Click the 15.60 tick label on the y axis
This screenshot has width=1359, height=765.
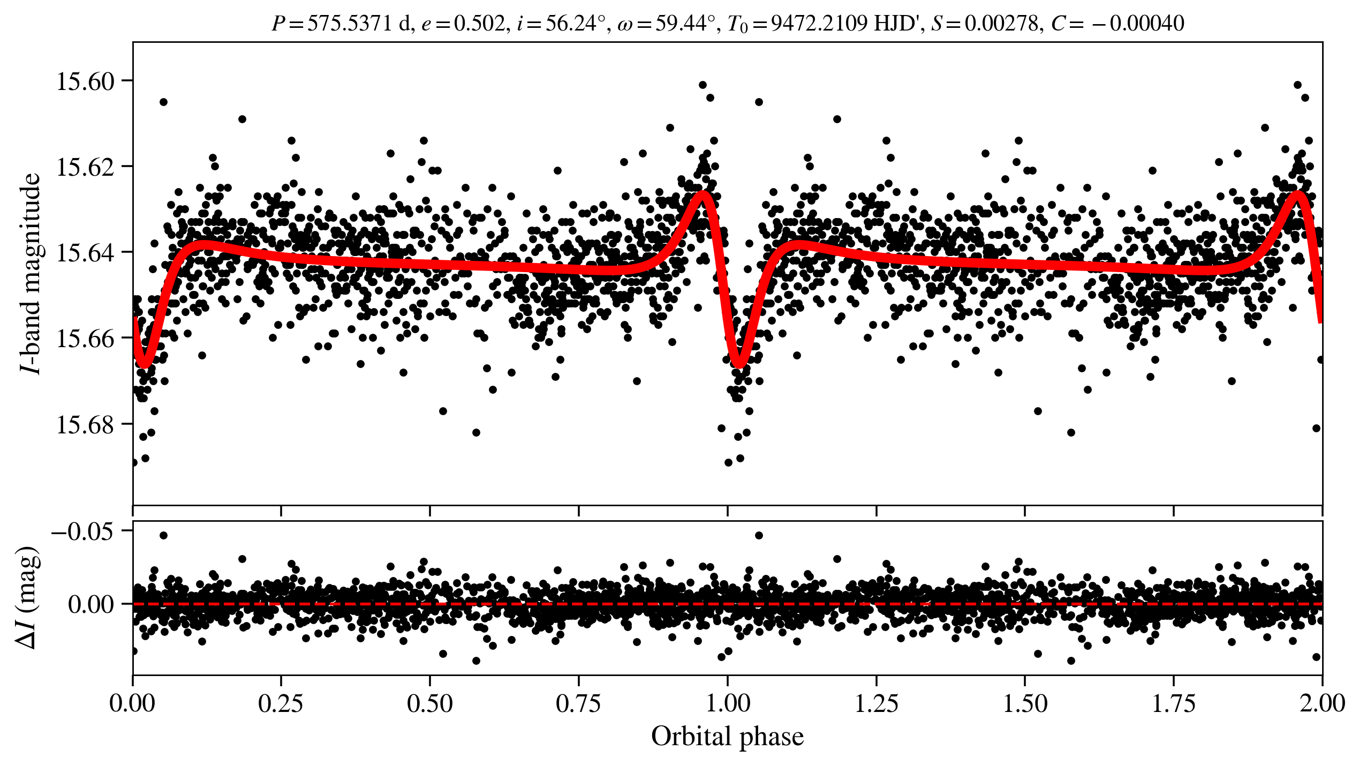[x=86, y=82]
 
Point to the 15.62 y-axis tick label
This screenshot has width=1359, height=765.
[x=86, y=168]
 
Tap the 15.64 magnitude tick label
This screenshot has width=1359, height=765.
[x=86, y=253]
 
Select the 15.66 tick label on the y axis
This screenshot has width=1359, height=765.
[x=86, y=339]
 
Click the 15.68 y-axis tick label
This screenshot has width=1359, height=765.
[x=86, y=425]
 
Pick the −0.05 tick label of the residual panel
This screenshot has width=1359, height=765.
[x=82, y=531]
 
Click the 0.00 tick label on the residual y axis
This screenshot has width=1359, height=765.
[x=91, y=605]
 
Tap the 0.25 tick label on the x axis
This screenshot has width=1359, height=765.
[x=281, y=703]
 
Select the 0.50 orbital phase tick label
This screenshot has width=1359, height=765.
[x=430, y=703]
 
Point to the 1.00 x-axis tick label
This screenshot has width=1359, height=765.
[x=728, y=703]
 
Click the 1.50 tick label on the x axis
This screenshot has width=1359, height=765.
[x=1025, y=703]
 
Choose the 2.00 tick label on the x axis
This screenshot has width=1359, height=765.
[x=1322, y=703]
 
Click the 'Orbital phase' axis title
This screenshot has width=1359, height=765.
[x=727, y=737]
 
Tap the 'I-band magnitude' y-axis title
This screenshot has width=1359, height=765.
[x=31, y=273]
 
